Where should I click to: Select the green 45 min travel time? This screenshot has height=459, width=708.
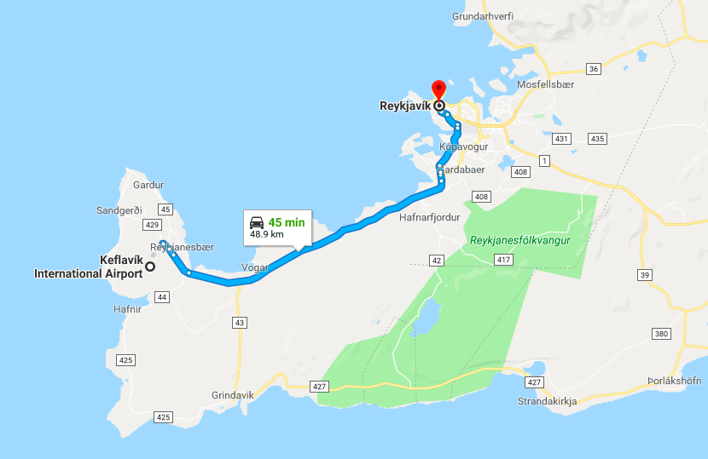coord(286,222)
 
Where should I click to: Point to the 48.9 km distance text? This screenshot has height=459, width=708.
coord(266,234)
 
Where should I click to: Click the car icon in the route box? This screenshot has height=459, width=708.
coord(257,222)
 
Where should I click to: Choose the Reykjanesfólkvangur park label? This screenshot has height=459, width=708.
coord(519,241)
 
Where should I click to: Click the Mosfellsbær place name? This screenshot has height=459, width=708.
coord(546,85)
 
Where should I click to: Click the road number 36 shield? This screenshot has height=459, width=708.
coord(594,68)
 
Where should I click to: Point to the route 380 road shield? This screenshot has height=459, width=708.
coord(660,334)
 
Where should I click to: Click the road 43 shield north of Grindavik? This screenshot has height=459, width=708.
coord(240,323)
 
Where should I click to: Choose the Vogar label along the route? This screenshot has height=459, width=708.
coord(255,267)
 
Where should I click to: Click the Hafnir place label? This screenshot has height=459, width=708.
coord(126,309)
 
